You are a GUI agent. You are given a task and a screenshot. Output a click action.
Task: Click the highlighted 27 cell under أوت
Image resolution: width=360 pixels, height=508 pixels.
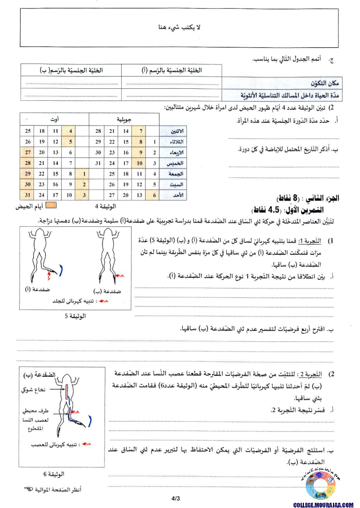(28, 152)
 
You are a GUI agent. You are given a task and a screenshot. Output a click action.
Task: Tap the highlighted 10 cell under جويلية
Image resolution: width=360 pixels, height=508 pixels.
(140, 163)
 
